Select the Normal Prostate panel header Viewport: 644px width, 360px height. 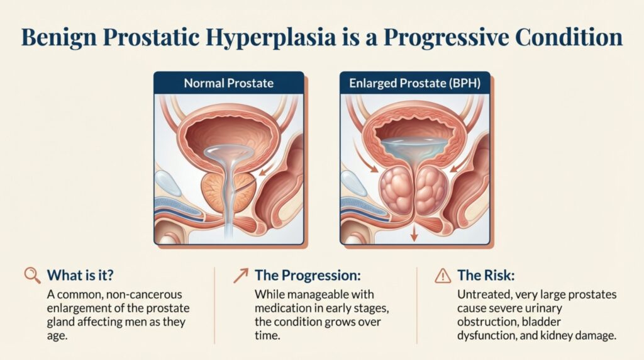coord(228,82)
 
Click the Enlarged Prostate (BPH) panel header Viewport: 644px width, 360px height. coord(414,82)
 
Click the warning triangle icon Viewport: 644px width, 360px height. coord(443,275)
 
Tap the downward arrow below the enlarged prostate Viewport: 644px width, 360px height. coord(414,234)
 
